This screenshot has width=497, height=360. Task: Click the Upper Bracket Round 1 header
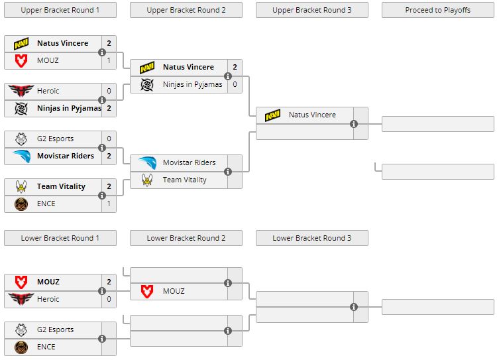pyautogui.click(x=60, y=10)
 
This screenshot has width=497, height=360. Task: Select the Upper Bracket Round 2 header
pyautogui.click(x=186, y=10)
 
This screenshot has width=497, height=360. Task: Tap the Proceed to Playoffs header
pyautogui.click(x=437, y=10)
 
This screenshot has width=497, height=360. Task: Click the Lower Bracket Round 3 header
pyautogui.click(x=311, y=238)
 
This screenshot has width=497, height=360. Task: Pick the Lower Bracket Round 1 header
pyautogui.click(x=60, y=238)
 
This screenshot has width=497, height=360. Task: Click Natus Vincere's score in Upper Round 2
pyautogui.click(x=235, y=67)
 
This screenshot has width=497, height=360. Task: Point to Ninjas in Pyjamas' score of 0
pyautogui.click(x=235, y=84)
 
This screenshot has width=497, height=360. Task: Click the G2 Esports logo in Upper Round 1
pyautogui.click(x=21, y=139)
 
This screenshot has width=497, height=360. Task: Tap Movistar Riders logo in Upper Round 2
pyautogui.click(x=147, y=162)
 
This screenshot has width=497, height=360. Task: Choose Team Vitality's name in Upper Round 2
pyautogui.click(x=184, y=180)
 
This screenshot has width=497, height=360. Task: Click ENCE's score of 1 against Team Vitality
pyautogui.click(x=109, y=204)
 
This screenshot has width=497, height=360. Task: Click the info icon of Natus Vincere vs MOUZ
pyautogui.click(x=102, y=52)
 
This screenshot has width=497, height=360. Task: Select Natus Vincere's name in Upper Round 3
pyautogui.click(x=312, y=115)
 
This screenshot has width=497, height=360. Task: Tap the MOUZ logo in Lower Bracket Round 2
pyautogui.click(x=147, y=291)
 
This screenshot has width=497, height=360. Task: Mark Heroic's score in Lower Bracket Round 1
pyautogui.click(x=109, y=299)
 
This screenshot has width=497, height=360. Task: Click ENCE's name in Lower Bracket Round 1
pyautogui.click(x=46, y=347)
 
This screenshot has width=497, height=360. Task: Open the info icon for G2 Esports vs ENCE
pyautogui.click(x=102, y=338)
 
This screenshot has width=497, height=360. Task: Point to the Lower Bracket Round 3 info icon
pyautogui.click(x=354, y=306)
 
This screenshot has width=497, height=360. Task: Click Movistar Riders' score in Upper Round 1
pyautogui.click(x=109, y=156)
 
